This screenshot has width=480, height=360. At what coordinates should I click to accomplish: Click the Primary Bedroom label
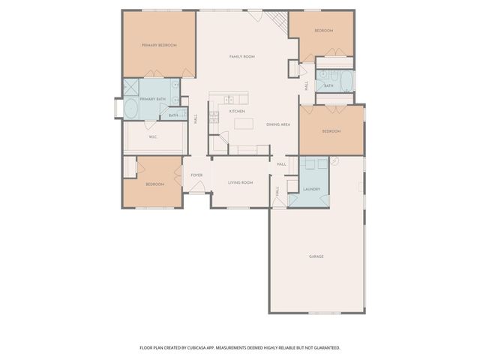(x=159, y=46)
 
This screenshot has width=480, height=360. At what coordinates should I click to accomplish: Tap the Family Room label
(x=242, y=57)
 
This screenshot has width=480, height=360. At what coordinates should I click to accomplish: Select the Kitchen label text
(x=237, y=111)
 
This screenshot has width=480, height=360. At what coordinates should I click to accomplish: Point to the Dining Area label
(x=278, y=124)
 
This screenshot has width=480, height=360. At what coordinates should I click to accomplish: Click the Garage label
(x=316, y=256)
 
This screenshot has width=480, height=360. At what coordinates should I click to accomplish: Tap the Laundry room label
(x=311, y=189)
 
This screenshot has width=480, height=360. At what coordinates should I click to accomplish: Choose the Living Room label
(x=240, y=182)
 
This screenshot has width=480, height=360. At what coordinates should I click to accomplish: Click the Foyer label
(x=196, y=175)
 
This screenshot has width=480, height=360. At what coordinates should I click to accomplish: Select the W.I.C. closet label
(x=152, y=136)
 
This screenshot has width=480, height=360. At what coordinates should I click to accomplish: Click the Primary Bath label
(x=152, y=99)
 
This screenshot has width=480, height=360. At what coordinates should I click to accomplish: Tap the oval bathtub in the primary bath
(x=130, y=109)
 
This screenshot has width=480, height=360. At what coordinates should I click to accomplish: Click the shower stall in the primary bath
(x=132, y=87)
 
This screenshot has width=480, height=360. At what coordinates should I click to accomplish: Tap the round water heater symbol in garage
(x=335, y=161)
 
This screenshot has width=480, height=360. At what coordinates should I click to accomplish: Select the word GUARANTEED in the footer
(x=325, y=347)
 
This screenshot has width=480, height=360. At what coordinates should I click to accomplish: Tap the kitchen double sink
(x=229, y=99)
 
